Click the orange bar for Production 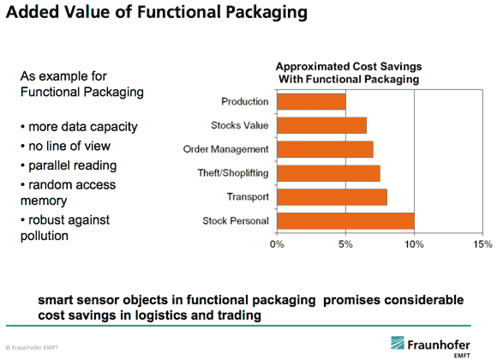pyautogui.click(x=311, y=101)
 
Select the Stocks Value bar pyautogui.click(x=321, y=125)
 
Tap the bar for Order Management pyautogui.click(x=326, y=149)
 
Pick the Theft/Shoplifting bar pyautogui.click(x=329, y=173)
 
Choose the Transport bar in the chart pyautogui.click(x=332, y=197)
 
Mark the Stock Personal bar pyautogui.click(x=345, y=221)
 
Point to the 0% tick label pyautogui.click(x=277, y=244)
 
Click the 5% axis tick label pyautogui.click(x=345, y=244)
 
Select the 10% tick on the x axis pyautogui.click(x=414, y=244)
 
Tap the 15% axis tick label pyautogui.click(x=482, y=244)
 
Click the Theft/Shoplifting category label pyautogui.click(x=233, y=173)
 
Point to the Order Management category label pyautogui.click(x=225, y=149)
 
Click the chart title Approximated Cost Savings pyautogui.click(x=349, y=67)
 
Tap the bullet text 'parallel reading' pyautogui.click(x=73, y=166)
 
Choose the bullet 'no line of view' pyautogui.click(x=69, y=147)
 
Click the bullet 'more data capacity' pyautogui.click(x=83, y=127)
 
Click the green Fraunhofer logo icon pyautogui.click(x=398, y=343)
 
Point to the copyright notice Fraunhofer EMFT pyautogui.click(x=32, y=348)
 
